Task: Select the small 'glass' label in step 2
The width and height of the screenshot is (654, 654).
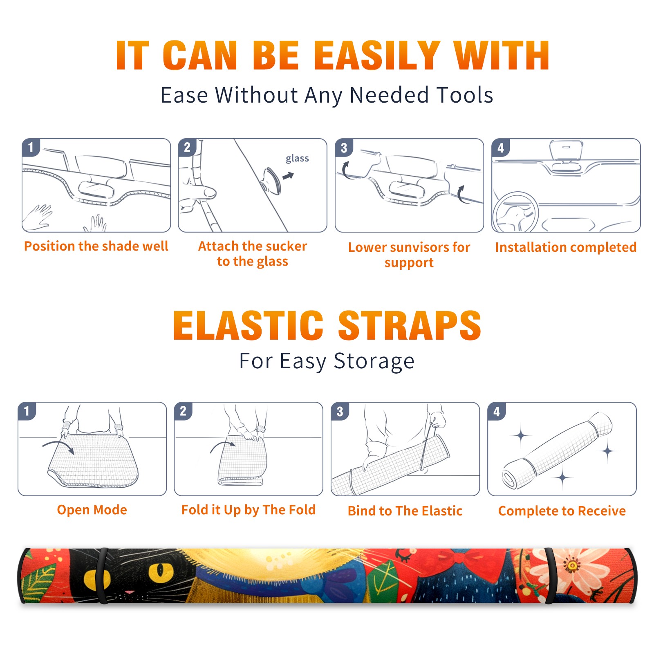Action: click(x=297, y=159)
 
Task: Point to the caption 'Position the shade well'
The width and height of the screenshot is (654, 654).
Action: click(x=96, y=246)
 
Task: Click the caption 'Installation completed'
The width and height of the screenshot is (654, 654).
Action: click(x=566, y=247)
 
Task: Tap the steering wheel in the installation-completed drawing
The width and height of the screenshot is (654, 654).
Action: click(x=515, y=212)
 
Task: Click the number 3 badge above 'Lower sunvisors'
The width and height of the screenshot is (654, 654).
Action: click(x=344, y=148)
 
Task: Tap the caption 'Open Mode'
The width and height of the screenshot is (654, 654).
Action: click(x=92, y=510)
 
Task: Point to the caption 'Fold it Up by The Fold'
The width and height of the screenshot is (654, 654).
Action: click(x=249, y=510)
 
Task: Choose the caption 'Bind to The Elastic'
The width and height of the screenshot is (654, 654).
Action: click(x=405, y=511)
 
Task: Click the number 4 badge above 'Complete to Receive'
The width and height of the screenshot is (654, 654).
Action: click(x=497, y=411)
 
